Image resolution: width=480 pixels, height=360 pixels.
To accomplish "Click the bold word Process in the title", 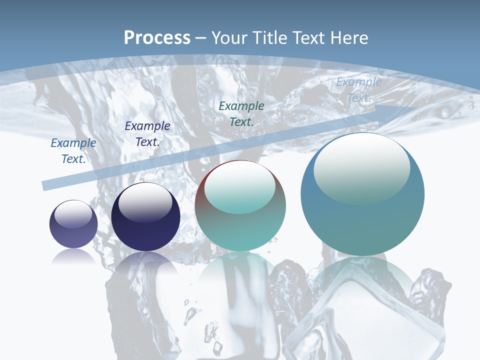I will [x=157, y=38].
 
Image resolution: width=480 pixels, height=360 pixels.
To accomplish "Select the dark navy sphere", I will [x=145, y=230].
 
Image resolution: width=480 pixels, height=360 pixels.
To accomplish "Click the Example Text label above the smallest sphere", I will [x=73, y=150].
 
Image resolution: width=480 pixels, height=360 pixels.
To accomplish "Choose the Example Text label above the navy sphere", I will [x=147, y=133].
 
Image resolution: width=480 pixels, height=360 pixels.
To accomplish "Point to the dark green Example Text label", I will [x=241, y=113].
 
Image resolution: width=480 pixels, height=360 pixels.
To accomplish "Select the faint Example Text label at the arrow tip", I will [x=358, y=90].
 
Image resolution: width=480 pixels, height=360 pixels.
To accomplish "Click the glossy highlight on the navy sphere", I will [x=145, y=202].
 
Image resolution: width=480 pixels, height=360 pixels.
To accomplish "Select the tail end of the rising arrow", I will [x=46, y=185].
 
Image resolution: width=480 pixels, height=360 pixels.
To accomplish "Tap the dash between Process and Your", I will [x=201, y=38].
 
